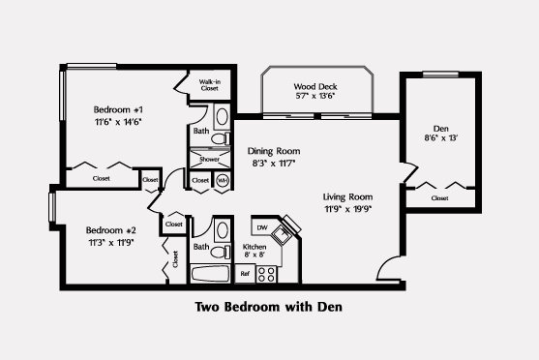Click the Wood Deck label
tap(315, 86)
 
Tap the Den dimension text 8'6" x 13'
tap(441, 137)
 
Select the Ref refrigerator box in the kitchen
tap(245, 274)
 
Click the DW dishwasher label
tap(262, 227)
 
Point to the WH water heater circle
tap(223, 181)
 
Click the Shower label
tap(209, 160)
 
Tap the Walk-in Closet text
tap(210, 85)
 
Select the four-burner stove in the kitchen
tap(266, 274)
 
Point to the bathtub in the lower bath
tap(210, 274)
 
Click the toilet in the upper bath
tap(221, 139)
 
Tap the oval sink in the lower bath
tap(223, 230)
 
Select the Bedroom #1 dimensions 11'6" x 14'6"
tap(118, 122)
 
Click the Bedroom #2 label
tap(111, 230)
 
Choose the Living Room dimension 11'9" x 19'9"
tap(348, 209)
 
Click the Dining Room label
tap(274, 151)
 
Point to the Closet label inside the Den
tap(439, 198)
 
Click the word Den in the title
tap(330, 307)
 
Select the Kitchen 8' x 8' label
tap(255, 251)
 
